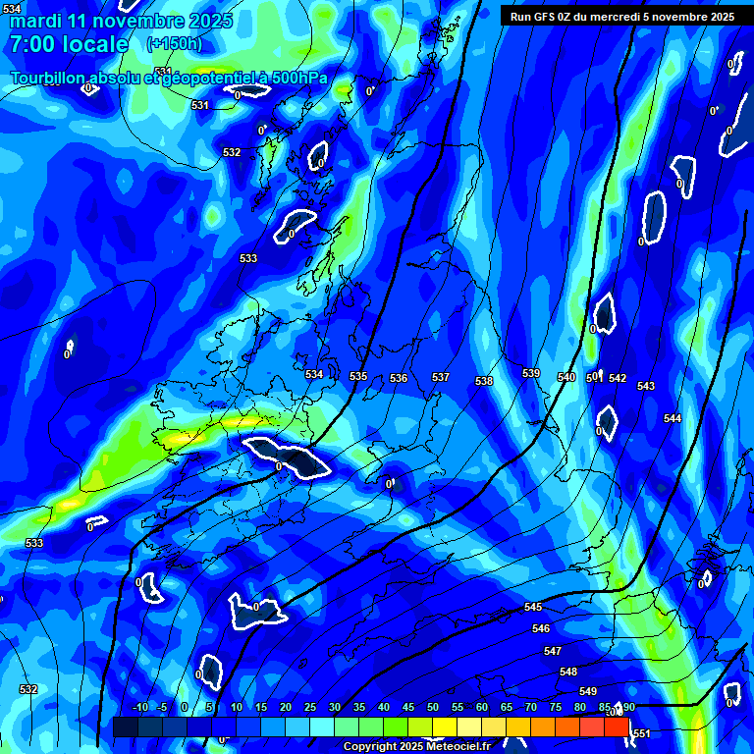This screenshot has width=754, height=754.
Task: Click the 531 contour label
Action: (x=200, y=105)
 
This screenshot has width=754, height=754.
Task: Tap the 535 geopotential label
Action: (x=358, y=376)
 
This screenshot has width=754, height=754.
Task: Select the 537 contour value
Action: (x=441, y=377)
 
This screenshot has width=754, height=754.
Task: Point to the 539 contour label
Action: (x=531, y=373)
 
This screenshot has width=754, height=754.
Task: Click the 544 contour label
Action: (x=673, y=418)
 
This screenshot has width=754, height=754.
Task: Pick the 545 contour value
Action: (x=534, y=608)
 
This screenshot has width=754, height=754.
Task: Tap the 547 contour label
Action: (x=553, y=651)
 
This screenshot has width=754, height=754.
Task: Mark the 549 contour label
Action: (x=588, y=691)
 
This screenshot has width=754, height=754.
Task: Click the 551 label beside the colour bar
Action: (x=641, y=733)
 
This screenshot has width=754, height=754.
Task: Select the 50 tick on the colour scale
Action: (x=433, y=708)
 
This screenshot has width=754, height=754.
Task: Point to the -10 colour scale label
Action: (x=138, y=708)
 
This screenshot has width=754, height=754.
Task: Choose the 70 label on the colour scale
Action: (x=531, y=708)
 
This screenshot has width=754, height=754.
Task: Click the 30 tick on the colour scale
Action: (x=335, y=708)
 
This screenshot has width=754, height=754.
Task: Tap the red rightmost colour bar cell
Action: (x=617, y=726)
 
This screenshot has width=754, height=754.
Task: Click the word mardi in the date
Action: (x=35, y=21)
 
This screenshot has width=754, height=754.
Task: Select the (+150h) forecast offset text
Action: (x=174, y=43)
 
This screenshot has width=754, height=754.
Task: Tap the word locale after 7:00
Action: (x=93, y=44)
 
